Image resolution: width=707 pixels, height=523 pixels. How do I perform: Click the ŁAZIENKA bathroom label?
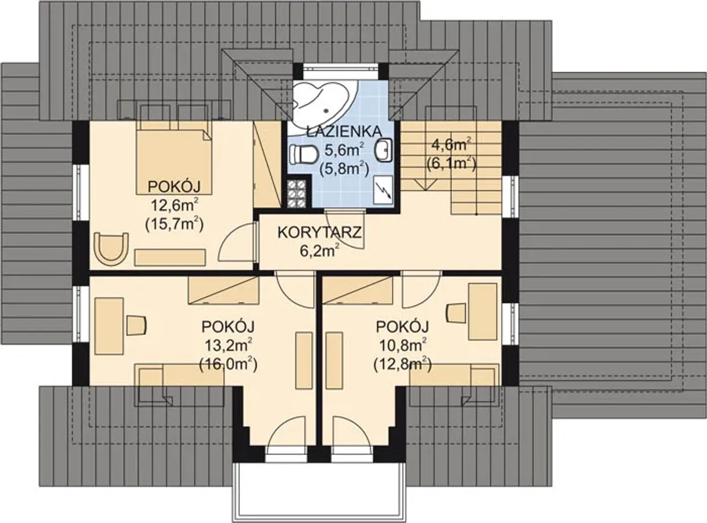click(344, 131)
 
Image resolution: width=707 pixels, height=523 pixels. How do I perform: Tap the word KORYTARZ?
click(319, 233)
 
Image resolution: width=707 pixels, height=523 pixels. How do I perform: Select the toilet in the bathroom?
click(304, 154)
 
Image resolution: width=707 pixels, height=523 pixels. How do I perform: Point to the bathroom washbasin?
click(384, 150)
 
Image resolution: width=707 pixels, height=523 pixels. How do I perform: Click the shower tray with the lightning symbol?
click(383, 191)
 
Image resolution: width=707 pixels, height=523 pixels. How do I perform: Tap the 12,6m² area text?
click(175, 205)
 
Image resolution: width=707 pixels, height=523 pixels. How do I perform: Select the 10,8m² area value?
click(403, 345)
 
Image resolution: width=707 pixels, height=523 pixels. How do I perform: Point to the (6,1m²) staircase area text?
click(451, 163)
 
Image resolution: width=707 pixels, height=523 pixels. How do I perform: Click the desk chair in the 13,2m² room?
click(137, 325)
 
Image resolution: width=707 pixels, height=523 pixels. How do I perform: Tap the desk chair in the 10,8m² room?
click(457, 313)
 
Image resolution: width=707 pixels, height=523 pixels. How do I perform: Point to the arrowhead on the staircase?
click(426, 185)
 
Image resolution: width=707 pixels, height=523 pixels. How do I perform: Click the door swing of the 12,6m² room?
click(238, 242)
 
